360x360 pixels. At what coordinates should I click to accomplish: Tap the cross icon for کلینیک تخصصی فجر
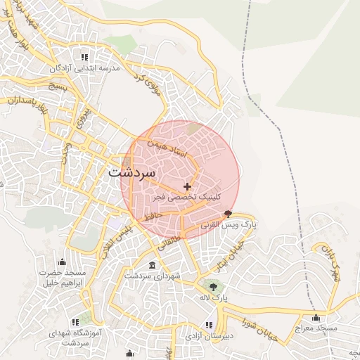[187, 186]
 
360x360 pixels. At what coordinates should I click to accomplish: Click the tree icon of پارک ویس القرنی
[227, 213]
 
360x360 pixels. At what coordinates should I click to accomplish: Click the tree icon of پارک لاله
[213, 286]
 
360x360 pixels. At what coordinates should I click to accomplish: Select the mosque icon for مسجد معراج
[316, 317]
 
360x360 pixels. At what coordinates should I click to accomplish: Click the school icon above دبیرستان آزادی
[208, 324]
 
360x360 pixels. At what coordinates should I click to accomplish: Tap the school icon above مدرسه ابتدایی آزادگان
[84, 57]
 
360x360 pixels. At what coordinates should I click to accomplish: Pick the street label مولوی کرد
[149, 85]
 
